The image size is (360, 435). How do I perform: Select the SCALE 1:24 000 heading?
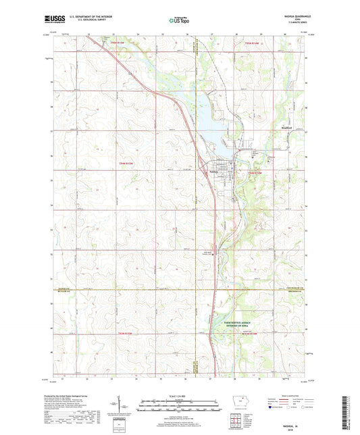tap(179, 395)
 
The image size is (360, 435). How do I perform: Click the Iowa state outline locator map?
tap(239, 398)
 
